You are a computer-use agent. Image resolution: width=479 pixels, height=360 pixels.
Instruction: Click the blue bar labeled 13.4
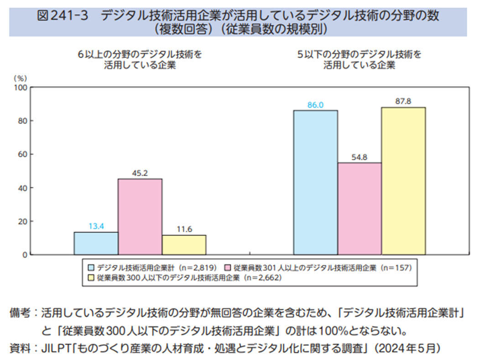coord(96,243)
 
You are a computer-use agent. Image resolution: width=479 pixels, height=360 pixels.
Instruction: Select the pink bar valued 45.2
coord(140,216)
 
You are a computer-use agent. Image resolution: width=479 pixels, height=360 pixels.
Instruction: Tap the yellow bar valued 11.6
coord(184,245)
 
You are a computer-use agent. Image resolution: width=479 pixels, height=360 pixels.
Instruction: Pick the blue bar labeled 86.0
coord(316,182)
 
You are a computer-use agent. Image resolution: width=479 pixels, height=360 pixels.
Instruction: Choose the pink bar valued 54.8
coord(359,209)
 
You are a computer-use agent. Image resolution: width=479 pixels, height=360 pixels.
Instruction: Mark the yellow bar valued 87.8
coord(403,181)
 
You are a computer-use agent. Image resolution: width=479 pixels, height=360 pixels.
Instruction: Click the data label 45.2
coord(140,173)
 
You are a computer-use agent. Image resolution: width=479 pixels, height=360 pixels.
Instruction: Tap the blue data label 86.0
coord(315,105)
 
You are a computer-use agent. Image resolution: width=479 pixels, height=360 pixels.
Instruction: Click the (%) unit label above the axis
coord(22,78)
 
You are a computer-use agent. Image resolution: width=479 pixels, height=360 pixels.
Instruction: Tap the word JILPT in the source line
coord(54,348)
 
